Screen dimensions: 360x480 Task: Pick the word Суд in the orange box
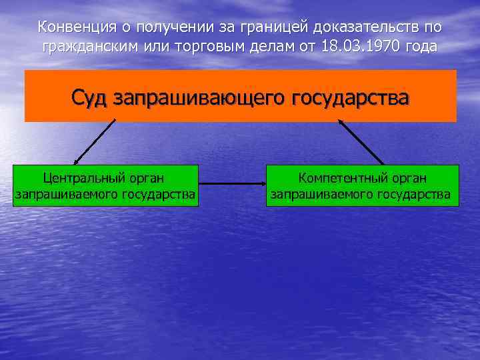[x=91, y=97]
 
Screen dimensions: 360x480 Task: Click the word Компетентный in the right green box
[x=341, y=178]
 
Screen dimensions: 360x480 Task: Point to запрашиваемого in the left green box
[x=65, y=194]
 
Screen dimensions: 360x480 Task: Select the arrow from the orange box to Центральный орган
[x=95, y=142]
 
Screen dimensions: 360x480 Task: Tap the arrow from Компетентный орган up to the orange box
[x=361, y=142]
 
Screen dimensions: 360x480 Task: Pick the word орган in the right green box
[x=408, y=178]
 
